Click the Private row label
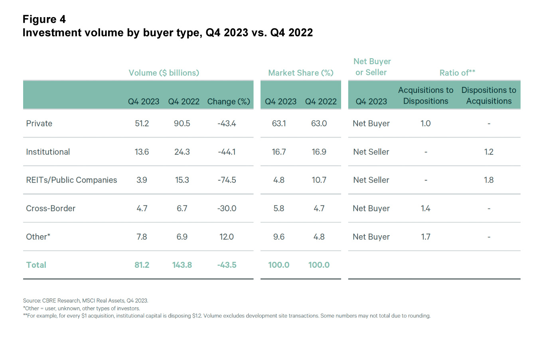click(39, 124)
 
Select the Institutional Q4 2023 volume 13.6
click(142, 152)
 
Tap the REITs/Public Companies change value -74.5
click(227, 180)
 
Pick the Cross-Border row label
click(51, 209)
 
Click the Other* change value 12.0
click(226, 237)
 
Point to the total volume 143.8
click(182, 265)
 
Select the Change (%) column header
click(229, 102)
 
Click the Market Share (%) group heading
click(300, 73)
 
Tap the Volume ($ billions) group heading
click(164, 73)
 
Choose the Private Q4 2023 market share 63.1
click(279, 124)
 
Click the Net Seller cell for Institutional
click(371, 152)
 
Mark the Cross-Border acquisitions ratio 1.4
click(425, 209)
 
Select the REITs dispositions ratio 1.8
click(489, 180)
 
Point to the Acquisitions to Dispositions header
click(426, 96)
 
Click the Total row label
click(36, 265)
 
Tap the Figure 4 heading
click(44, 19)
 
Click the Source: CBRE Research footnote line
click(85, 301)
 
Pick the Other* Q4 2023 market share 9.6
click(279, 237)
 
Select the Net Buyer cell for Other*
click(371, 237)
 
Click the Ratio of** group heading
click(457, 73)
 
